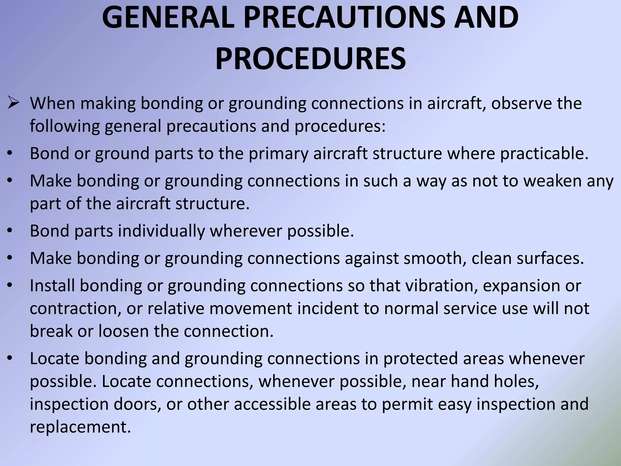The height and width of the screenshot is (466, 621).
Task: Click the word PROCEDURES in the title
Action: click(310, 58)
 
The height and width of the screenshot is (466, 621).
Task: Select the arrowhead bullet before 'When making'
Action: click(14, 103)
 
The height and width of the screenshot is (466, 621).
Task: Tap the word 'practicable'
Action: click(544, 154)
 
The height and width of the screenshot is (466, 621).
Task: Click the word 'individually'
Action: click(161, 231)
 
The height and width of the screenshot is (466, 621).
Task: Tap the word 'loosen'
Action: click(123, 331)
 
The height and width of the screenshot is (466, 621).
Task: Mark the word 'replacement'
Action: click(80, 427)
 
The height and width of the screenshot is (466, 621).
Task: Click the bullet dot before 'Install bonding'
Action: click(10, 285)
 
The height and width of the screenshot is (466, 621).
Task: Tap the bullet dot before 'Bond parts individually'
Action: click(10, 231)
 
